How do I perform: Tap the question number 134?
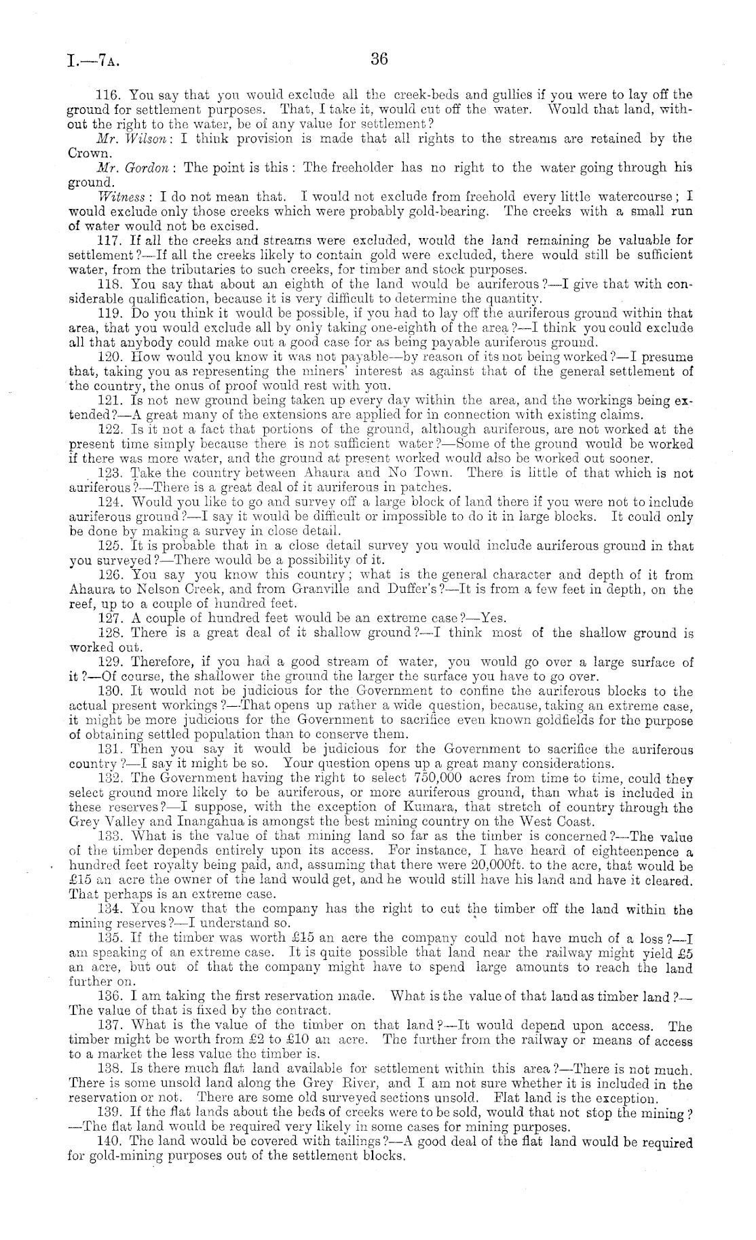pos(111,910)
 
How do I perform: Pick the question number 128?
pos(111,633)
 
